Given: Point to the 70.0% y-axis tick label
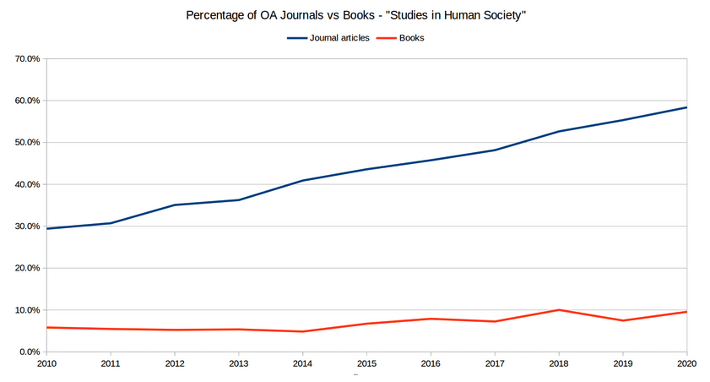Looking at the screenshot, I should coord(28,59).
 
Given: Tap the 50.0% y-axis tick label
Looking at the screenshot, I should coord(28,143).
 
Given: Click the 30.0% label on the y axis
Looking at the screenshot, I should coord(28,226).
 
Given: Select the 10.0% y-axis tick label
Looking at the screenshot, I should coord(28,310).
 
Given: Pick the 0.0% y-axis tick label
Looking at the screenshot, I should coord(30,352).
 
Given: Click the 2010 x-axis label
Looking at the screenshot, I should coord(46,363).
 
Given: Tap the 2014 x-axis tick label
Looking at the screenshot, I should coord(302,363).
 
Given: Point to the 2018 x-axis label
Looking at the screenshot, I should coord(558,363).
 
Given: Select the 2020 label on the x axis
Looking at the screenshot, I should coord(686,363).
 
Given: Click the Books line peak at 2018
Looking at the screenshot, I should coord(558,310).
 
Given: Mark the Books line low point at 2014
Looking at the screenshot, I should coord(302,331).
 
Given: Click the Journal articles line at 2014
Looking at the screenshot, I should coord(302,181).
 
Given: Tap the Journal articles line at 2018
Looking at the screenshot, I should coord(558,132).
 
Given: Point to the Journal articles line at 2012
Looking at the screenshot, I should coord(175,205).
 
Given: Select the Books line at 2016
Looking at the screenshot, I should coord(431,319).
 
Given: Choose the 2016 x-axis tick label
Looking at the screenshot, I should coord(431,363).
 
